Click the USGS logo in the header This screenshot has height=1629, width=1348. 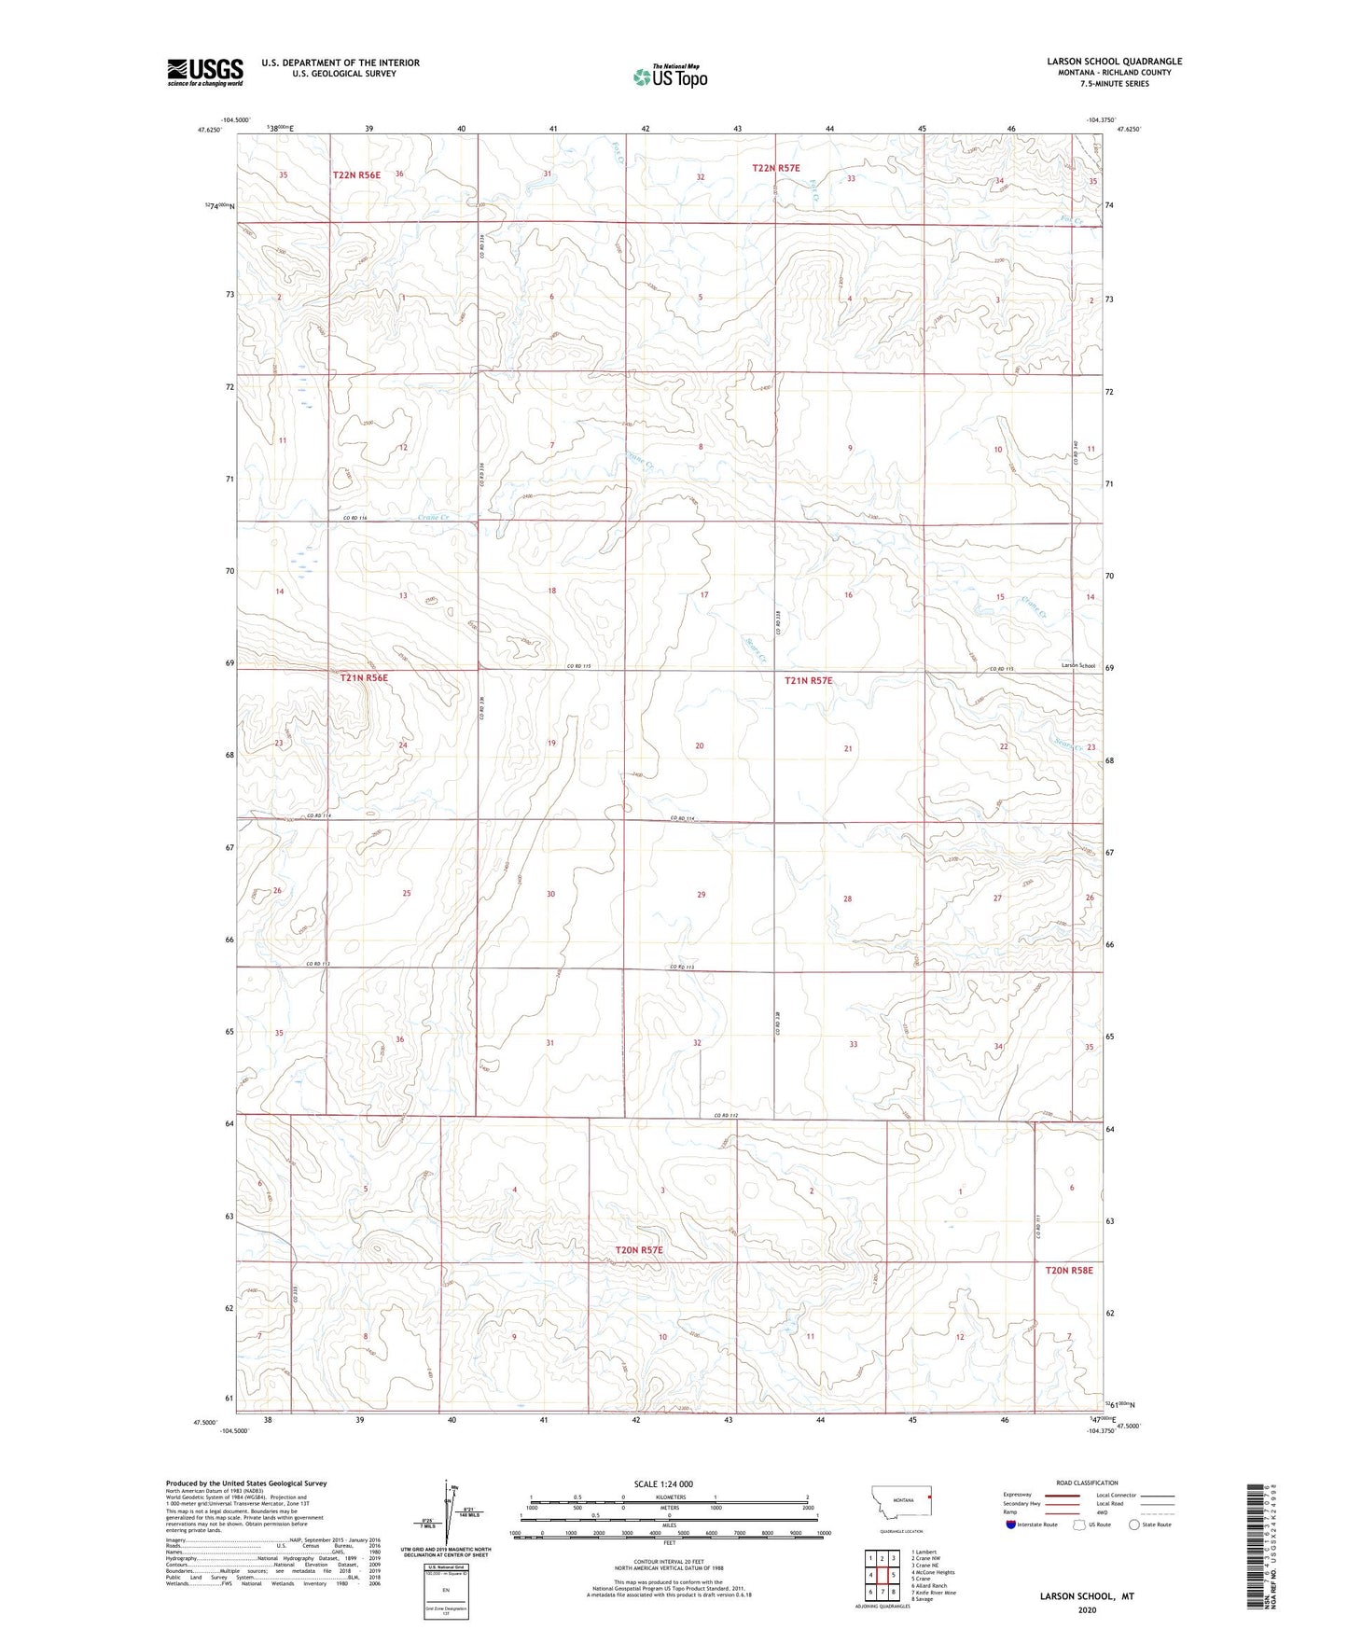pyautogui.click(x=205, y=71)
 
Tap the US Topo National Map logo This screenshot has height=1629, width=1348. pyautogui.click(x=669, y=77)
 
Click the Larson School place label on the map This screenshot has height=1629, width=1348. pyautogui.click(x=1077, y=665)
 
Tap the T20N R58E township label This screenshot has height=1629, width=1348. pyautogui.click(x=1068, y=1270)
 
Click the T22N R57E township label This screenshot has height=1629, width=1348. pyautogui.click(x=776, y=168)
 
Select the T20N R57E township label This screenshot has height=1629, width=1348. pyautogui.click(x=638, y=1249)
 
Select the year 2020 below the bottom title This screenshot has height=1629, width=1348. pyautogui.click(x=1087, y=1609)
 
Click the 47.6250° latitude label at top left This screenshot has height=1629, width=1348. pyautogui.click(x=209, y=131)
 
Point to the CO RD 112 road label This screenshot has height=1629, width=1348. pyautogui.click(x=727, y=1116)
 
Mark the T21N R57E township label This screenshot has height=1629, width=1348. pyautogui.click(x=808, y=681)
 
